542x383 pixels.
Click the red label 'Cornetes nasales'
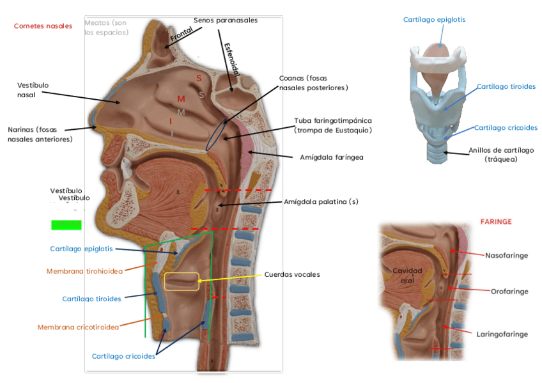tap(43, 26)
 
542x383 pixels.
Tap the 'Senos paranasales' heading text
tap(226, 20)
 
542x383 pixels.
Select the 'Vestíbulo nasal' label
tap(33, 90)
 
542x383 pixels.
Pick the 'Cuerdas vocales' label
tap(291, 274)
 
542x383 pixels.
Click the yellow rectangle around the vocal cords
tap(182, 281)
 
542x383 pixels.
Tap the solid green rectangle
tap(66, 224)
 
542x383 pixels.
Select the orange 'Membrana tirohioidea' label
tap(84, 271)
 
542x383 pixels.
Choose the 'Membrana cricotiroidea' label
tap(78, 327)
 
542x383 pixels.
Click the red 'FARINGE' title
tap(496, 221)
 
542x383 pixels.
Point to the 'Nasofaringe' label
tap(506, 255)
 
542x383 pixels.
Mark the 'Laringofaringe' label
tap(502, 334)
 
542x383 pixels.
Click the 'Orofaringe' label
tap(509, 291)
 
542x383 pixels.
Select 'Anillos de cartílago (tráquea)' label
tap(500, 154)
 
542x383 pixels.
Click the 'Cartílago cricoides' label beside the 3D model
tap(506, 127)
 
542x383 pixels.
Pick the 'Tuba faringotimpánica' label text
tap(332, 125)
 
